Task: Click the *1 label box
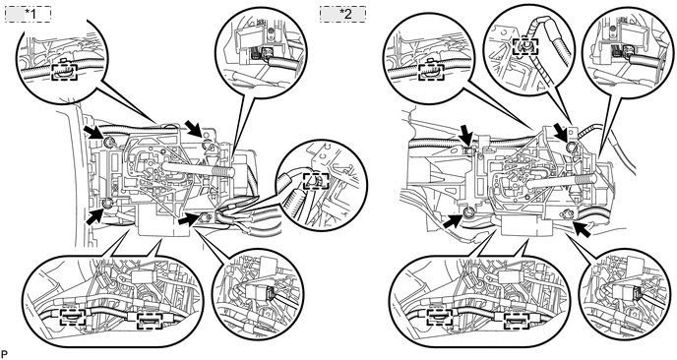coord(29,14)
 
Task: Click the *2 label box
coord(342,14)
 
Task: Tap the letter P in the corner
coord(4,354)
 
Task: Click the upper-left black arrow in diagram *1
coord(93,132)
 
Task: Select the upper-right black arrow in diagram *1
coord(193,128)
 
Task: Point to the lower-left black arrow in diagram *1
coord(95,215)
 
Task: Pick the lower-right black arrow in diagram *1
coord(189,220)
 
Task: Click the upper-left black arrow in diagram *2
coord(465,134)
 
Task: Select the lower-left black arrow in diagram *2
coord(452,220)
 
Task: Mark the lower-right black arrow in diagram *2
coord(582,228)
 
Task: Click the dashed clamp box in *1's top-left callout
coord(64,72)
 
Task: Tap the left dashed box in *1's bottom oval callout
coord(73,319)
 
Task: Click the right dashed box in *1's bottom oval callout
coord(151,321)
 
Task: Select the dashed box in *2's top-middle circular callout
coord(525,46)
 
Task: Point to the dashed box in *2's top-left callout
coord(432,72)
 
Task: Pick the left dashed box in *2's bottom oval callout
coord(441,319)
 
